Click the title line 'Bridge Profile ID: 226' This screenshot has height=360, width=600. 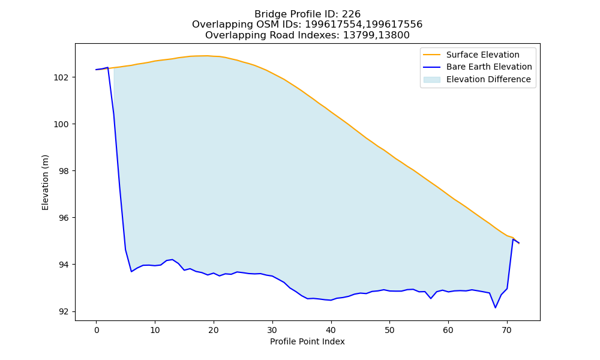[307, 14]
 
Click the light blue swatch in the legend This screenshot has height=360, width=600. [431, 80]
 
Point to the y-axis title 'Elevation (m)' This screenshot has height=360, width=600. [45, 182]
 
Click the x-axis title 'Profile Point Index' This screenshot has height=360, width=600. [307, 341]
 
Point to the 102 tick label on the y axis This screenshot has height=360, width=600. [61, 77]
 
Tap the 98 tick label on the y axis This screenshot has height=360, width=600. [64, 171]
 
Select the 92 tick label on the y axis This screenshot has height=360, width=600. [64, 312]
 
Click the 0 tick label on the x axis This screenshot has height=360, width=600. [97, 330]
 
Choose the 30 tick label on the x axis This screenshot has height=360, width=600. [272, 330]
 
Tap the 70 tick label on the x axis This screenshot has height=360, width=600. [506, 330]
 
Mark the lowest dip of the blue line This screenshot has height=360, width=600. [495, 308]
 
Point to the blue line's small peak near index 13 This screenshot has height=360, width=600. [173, 259]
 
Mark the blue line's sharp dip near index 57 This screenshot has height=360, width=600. [431, 298]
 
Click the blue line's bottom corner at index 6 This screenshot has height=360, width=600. [131, 272]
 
